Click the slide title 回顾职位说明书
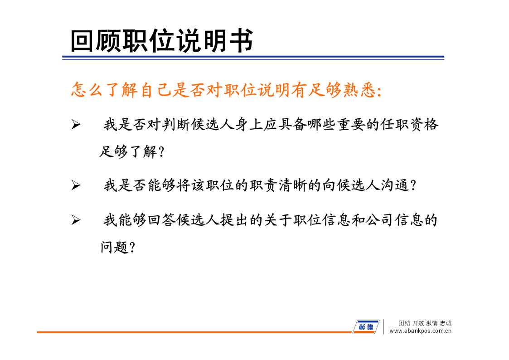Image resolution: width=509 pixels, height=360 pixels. click(x=162, y=40)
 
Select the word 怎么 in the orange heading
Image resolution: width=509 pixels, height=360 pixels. click(x=87, y=90)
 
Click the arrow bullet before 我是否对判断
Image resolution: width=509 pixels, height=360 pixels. click(x=76, y=124)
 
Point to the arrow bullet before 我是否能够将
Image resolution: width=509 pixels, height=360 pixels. click(x=76, y=185)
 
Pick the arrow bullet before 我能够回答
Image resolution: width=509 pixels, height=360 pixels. click(x=76, y=220)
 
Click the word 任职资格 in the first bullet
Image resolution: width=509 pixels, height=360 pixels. click(x=409, y=124)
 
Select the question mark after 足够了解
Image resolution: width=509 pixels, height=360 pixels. click(x=162, y=151)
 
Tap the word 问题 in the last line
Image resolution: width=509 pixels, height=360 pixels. click(x=114, y=248)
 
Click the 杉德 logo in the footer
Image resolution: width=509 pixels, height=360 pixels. click(x=366, y=326)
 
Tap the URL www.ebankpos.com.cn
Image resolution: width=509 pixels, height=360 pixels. click(x=420, y=331)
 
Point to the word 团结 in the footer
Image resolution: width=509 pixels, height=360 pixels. click(x=404, y=323)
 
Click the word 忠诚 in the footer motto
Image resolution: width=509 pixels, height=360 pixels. click(x=446, y=323)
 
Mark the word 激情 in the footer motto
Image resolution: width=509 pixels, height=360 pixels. click(x=432, y=323)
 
